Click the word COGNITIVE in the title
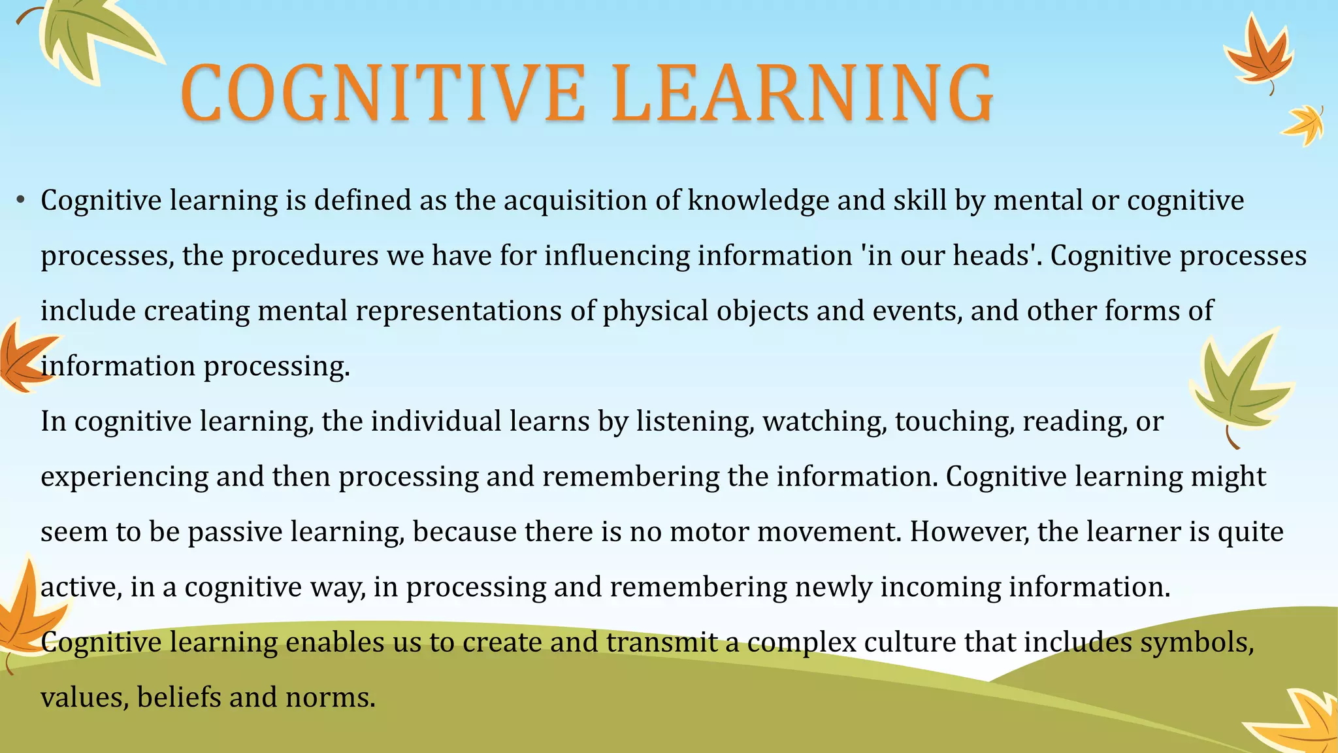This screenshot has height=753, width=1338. pyautogui.click(x=382, y=93)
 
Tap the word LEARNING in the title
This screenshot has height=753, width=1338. pyautogui.click(x=802, y=93)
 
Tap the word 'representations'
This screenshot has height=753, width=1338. pyautogui.click(x=458, y=310)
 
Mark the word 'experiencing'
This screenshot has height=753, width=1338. pyautogui.click(x=124, y=477)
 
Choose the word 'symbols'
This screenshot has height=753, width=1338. pyautogui.click(x=1197, y=642)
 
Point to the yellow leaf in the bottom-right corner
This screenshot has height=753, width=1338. pyautogui.click(x=1300, y=722)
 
